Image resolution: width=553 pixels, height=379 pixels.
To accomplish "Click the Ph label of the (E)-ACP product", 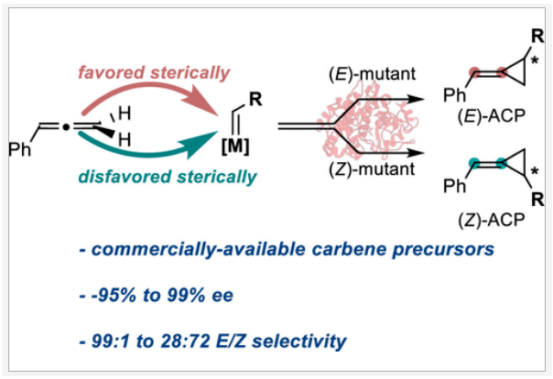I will click(x=454, y=93).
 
